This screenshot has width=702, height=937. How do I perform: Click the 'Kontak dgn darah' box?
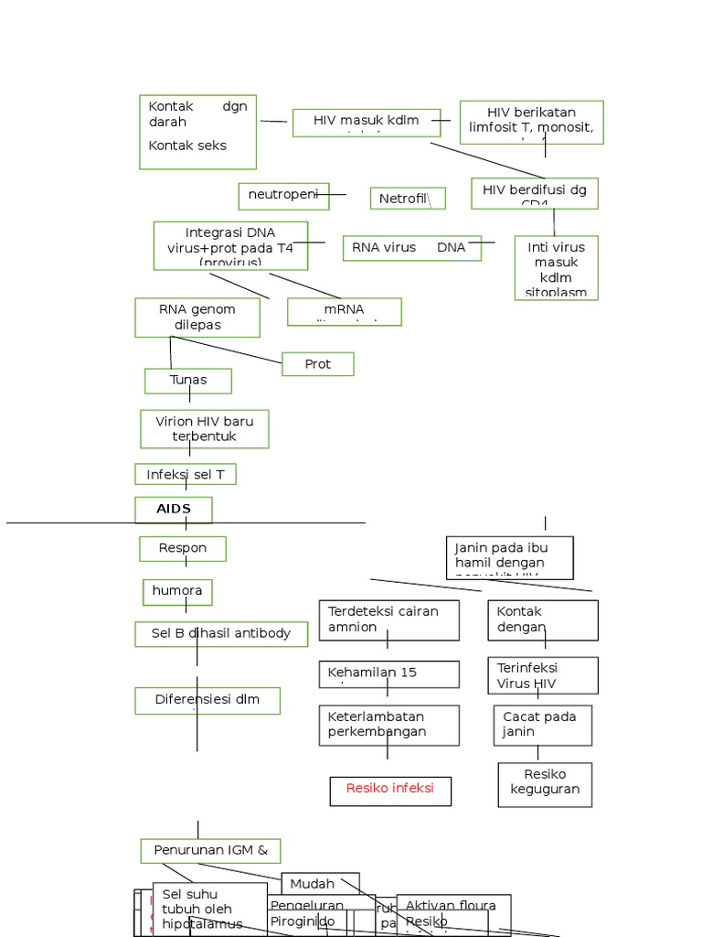pyautogui.click(x=197, y=132)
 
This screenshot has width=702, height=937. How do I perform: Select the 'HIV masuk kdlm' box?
pyautogui.click(x=366, y=123)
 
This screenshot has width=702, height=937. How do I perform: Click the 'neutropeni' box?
pyautogui.click(x=283, y=196)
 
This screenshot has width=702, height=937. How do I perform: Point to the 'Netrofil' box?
pyautogui.click(x=407, y=199)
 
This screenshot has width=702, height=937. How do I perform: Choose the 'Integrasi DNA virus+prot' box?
pyautogui.click(x=230, y=245)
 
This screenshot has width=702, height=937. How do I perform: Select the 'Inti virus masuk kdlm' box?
pyautogui.click(x=556, y=267)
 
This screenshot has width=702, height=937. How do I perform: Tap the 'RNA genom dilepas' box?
pyautogui.click(x=197, y=318)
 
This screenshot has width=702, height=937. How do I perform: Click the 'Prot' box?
pyautogui.click(x=317, y=364)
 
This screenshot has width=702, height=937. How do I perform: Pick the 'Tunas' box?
pyautogui.click(x=188, y=381)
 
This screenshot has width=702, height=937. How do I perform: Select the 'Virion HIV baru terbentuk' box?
pyautogui.click(x=205, y=429)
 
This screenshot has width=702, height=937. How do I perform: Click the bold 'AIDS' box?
pyautogui.click(x=174, y=510)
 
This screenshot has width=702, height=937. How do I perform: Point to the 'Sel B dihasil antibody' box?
pyautogui.click(x=221, y=634)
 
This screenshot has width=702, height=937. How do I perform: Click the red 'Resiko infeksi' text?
pyautogui.click(x=390, y=789)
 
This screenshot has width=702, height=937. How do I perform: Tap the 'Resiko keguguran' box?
pyautogui.click(x=545, y=784)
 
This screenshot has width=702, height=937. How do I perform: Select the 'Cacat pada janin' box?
pyautogui.click(x=543, y=725)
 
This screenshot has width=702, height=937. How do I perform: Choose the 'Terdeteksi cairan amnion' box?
pyautogui.click(x=388, y=619)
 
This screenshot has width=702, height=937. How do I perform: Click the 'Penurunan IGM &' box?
pyautogui.click(x=210, y=851)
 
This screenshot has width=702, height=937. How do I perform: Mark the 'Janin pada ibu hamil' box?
pyautogui.click(x=509, y=557)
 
